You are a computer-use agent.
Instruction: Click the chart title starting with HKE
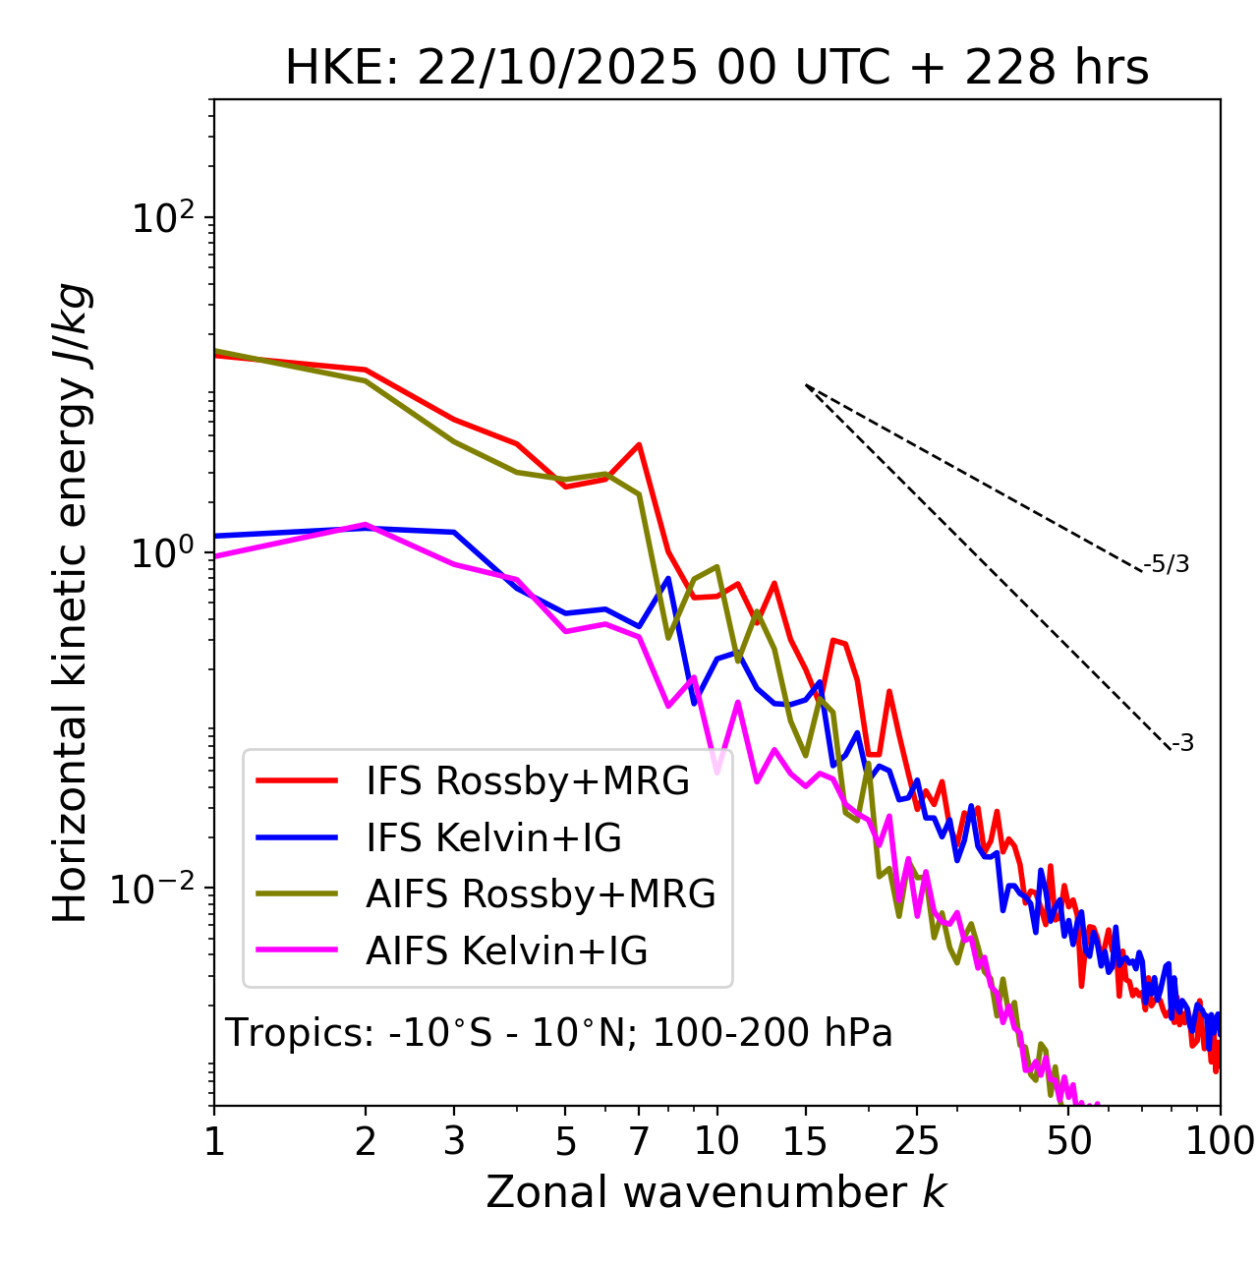pos(716,69)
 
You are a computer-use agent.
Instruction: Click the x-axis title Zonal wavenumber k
pos(716,1192)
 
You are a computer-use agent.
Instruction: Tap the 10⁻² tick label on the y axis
pos(157,889)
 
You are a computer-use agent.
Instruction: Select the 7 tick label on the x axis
pos(639,1141)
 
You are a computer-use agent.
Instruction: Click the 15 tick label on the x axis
pos(805,1141)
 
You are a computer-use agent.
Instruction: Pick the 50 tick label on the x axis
pos(1069,1141)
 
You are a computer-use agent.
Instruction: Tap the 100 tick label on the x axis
pos(1220,1141)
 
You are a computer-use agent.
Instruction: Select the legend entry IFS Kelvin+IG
pos(493,838)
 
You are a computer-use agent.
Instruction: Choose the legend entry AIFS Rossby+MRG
pos(541,894)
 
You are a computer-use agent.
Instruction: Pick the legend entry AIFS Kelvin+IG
pos(506,951)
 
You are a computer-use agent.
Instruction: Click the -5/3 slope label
pos(1167,564)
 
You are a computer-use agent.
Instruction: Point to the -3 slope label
pos(1182,743)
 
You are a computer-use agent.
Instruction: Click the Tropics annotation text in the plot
pos(559,1033)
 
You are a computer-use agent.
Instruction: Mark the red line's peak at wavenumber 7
pos(639,444)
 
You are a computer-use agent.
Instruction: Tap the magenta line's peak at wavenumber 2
pos(366,525)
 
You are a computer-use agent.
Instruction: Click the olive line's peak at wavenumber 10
pos(716,566)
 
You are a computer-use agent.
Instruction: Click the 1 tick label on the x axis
pos(214,1141)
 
